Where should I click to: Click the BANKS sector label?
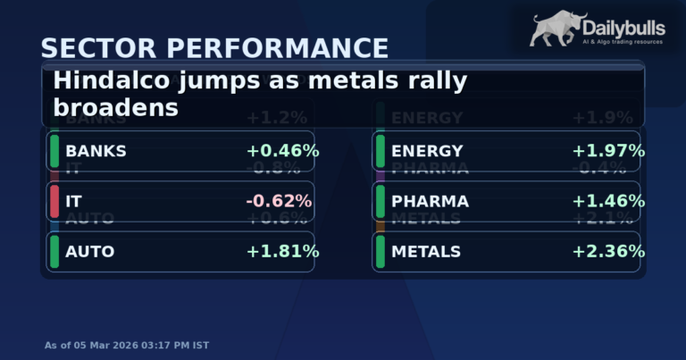96,151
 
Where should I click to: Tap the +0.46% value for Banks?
282,151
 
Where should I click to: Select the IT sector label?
73,201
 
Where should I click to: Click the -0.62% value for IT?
279,201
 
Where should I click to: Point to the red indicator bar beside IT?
54,201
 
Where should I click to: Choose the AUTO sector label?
89,252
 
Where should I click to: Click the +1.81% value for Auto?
282,252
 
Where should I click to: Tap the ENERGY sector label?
427,151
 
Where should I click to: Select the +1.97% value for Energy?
608,151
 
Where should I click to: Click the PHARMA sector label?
429,201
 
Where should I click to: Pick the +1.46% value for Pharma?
608,201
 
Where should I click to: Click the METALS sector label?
425,252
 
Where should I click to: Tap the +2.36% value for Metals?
608,252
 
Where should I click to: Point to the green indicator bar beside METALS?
381,252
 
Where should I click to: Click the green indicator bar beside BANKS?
54,151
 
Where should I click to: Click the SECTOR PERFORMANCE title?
214,47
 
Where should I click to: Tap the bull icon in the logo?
559,29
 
